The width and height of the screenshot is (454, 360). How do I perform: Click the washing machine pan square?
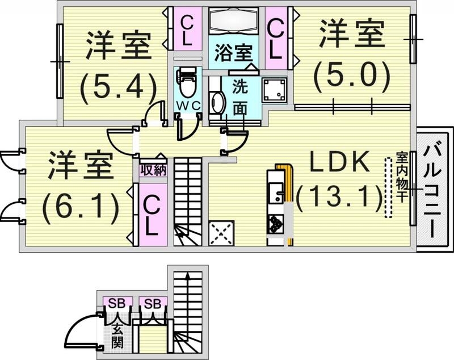tap(274, 89)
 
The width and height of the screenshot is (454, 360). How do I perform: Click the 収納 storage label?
tap(153, 170)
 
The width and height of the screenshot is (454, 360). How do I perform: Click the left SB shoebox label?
tap(117, 301)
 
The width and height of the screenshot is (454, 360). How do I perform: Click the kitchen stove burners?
tap(276, 223)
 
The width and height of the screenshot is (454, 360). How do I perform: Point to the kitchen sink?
tap(276, 193)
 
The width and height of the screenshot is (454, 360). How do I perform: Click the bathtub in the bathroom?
tap(234, 22)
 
